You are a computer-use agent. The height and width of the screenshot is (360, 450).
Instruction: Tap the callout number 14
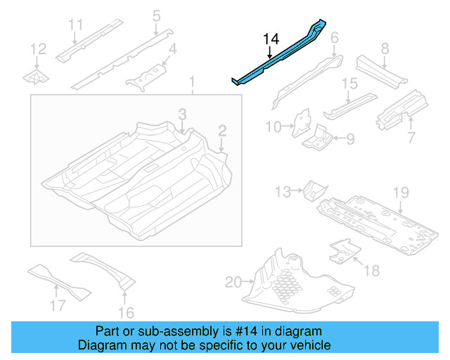tap(271, 39)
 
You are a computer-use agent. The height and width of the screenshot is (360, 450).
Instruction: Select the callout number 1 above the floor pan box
tap(191, 85)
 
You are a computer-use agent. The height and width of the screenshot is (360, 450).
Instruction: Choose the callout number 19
tap(400, 192)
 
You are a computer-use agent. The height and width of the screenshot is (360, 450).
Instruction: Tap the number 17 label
tap(57, 305)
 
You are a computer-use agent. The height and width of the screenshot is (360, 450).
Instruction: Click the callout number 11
tap(75, 25)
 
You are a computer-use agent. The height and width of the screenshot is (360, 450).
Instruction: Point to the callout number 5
tap(156, 15)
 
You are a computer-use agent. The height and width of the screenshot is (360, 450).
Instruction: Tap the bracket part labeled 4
tap(144, 77)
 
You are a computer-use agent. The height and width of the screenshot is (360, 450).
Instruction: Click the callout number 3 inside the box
tap(181, 114)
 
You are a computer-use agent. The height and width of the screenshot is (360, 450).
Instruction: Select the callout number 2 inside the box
tap(222, 130)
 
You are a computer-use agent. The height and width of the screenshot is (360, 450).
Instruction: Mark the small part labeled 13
tap(313, 189)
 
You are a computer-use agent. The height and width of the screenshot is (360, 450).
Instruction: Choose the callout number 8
tap(385, 49)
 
